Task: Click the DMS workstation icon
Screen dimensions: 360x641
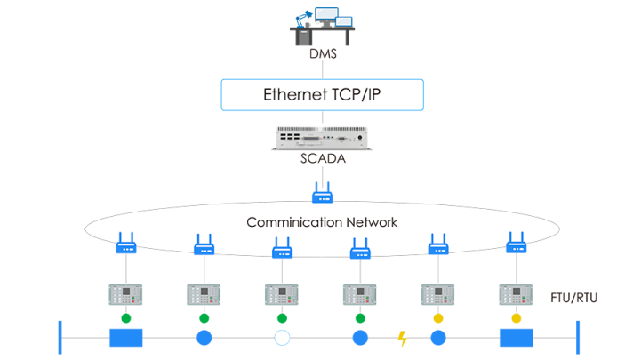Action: [322, 25]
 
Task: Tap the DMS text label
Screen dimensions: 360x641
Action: [322, 55]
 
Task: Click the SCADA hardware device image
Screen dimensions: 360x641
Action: [322, 139]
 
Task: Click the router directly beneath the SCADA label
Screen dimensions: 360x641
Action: [322, 192]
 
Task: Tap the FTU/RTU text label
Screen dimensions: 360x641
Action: [574, 296]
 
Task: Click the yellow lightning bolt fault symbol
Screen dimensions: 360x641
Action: [403, 338]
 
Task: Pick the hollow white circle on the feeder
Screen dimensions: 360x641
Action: [282, 338]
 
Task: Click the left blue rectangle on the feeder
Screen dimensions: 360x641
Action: [126, 338]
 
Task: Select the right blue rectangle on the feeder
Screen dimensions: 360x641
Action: [516, 338]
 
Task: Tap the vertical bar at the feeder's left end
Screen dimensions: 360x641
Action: [60, 338]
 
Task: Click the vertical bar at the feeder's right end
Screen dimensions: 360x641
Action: [577, 338]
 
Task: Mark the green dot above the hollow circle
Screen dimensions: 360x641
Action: [282, 317]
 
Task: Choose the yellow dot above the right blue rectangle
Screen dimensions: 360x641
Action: [516, 317]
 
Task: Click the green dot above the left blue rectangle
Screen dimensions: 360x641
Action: [126, 317]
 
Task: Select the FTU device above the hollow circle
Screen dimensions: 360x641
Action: [282, 293]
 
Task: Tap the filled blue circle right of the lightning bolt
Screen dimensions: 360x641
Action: [437, 338]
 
